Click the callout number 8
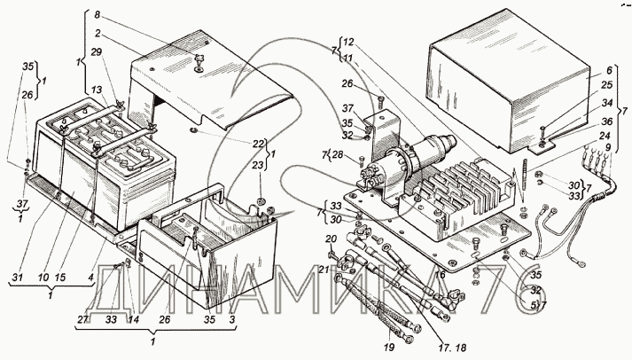[x=98, y=15]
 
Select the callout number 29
[x=97, y=52]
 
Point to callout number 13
[x=97, y=90]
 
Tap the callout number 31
[x=17, y=278]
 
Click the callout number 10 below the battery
[x=43, y=278]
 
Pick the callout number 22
[x=259, y=144]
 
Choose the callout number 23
[x=259, y=165]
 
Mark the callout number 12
[x=348, y=42]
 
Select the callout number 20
[x=331, y=239]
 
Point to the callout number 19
[x=389, y=347]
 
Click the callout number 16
[x=440, y=275]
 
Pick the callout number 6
[x=609, y=70]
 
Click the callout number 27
[x=83, y=320]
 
